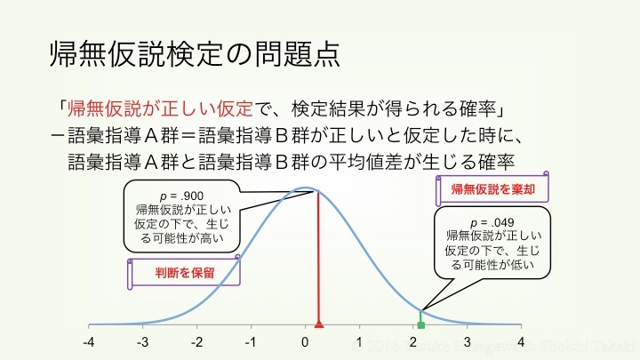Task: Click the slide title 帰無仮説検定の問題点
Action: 193,54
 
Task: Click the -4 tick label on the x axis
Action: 89,342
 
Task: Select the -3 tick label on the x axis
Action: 143,342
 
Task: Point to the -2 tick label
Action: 197,342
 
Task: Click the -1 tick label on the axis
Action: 251,342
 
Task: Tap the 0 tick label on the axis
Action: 306,342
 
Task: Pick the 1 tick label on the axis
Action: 360,342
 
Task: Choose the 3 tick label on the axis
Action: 468,342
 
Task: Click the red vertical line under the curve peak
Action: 318,258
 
